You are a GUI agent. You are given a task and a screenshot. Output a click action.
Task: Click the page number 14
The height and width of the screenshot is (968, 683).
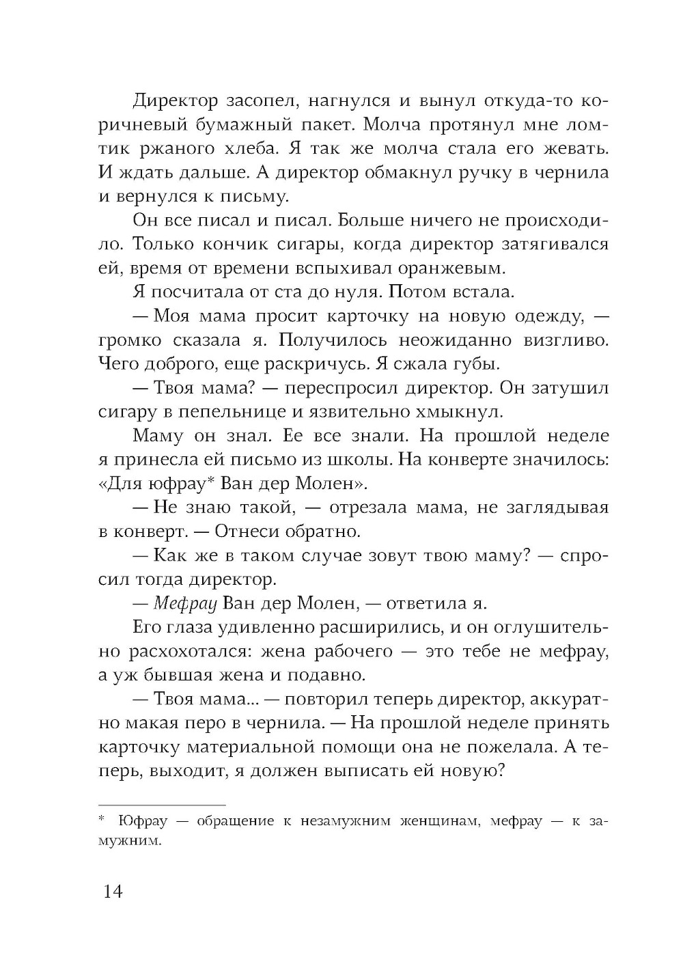point(113,891)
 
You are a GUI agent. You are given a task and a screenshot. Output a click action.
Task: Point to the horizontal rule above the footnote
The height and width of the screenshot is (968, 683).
point(162,805)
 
